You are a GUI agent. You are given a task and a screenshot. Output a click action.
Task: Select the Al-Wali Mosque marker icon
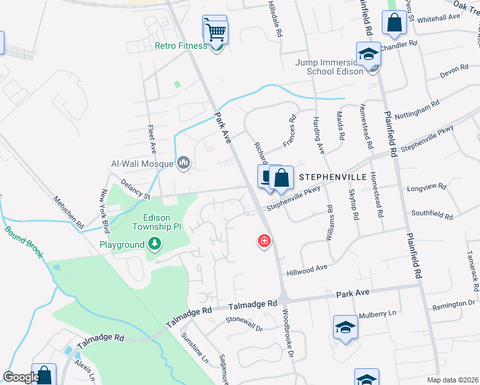(184, 163)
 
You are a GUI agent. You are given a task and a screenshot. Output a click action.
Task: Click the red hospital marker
(263, 241)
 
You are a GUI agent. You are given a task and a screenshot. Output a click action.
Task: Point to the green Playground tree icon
(153, 244)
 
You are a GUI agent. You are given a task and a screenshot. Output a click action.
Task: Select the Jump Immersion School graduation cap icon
(368, 54)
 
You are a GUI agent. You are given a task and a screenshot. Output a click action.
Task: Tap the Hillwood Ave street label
(307, 270)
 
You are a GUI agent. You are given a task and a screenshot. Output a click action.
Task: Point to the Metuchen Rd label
(69, 212)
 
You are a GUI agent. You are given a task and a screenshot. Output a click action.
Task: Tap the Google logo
(21, 377)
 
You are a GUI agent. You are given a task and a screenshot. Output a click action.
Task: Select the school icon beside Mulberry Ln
(345, 328)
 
